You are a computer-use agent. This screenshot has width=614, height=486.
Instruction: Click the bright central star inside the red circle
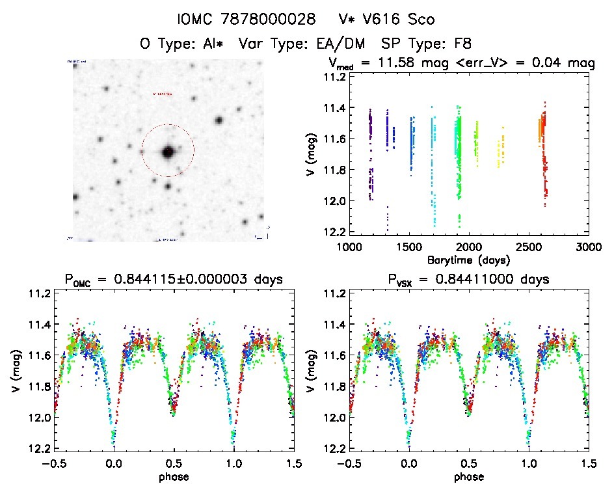pos(168,152)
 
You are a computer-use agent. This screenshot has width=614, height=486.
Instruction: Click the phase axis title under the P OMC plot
pos(174,476)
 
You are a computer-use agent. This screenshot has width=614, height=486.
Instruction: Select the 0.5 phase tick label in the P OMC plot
pos(174,463)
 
